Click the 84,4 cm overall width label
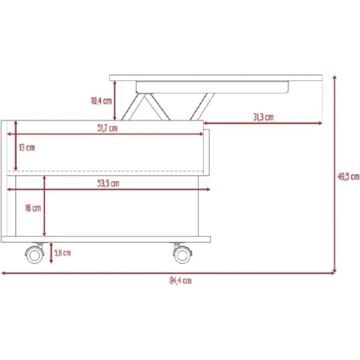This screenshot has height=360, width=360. click(181, 281)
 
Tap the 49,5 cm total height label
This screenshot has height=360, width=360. click(348, 176)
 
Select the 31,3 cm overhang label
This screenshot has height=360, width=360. click(263, 117)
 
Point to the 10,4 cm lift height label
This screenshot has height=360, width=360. click(101, 101)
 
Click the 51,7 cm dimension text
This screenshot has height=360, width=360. click(107, 128)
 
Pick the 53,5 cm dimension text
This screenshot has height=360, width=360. click(108, 184)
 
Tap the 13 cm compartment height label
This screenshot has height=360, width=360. click(27, 148)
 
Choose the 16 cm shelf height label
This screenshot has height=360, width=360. click(33, 208)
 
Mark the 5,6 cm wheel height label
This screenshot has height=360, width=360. click(62, 253)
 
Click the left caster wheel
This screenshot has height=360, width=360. click(35, 253)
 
